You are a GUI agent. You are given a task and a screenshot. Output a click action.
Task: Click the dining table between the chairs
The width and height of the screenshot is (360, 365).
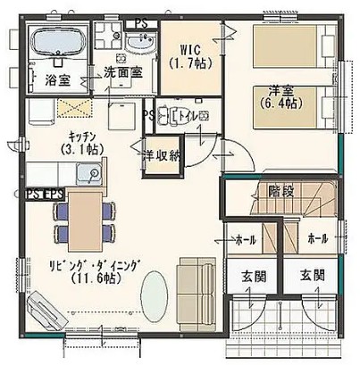pyautogui.click(x=85, y=219)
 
